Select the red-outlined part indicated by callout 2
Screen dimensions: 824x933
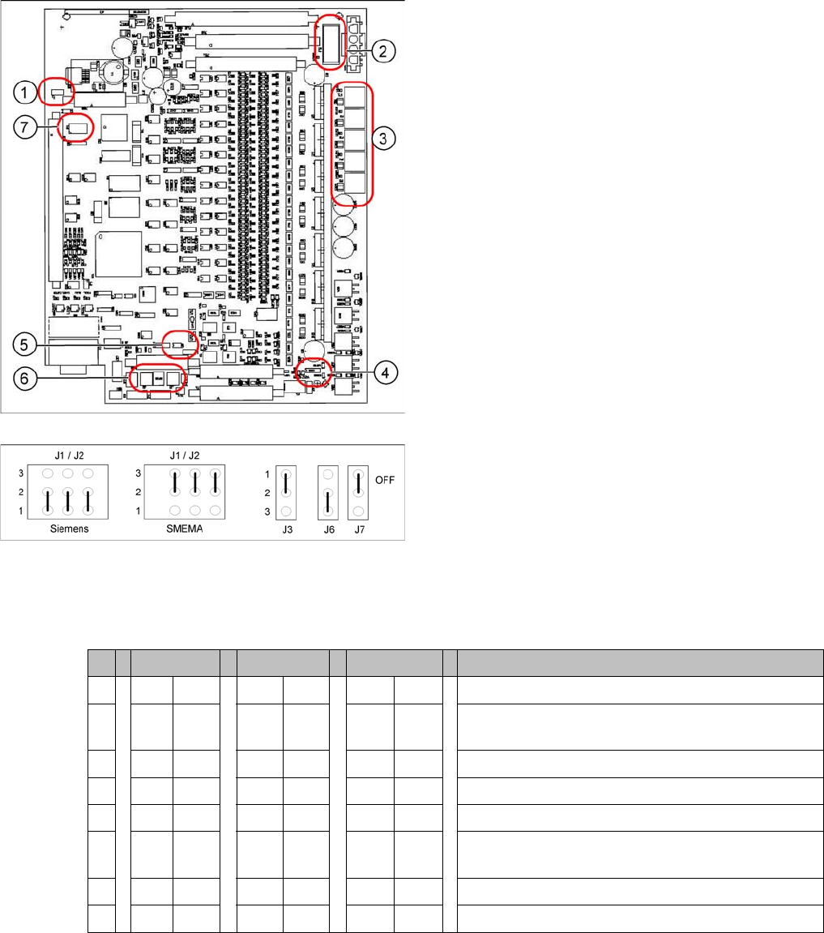tap(330, 41)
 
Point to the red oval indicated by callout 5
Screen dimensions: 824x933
tap(179, 344)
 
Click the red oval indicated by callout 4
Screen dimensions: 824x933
tap(314, 372)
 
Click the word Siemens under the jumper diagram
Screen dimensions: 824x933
tap(67, 528)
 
